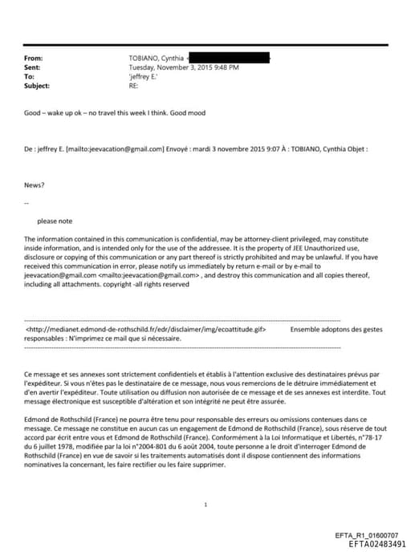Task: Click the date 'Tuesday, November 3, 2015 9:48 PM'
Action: click(x=184, y=67)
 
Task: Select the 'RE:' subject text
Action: click(x=134, y=85)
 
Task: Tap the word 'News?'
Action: click(x=35, y=185)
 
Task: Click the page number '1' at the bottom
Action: click(x=206, y=504)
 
